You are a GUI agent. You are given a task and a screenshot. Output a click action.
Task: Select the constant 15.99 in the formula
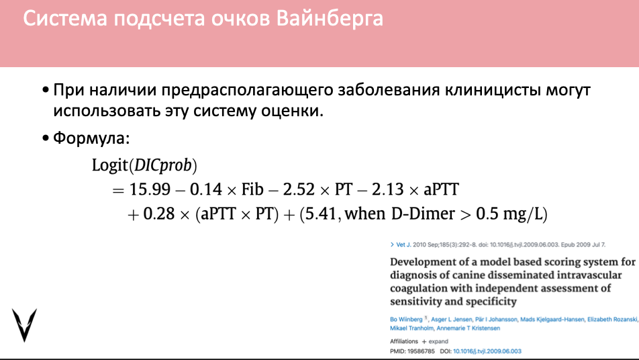pos(150,189)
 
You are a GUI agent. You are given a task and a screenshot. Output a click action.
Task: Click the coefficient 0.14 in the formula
pos(206,189)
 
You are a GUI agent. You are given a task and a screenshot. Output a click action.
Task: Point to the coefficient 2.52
pos(299,189)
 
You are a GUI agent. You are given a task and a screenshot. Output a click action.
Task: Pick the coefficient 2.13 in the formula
pos(388,189)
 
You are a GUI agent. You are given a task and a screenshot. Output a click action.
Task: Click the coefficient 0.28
pos(159,214)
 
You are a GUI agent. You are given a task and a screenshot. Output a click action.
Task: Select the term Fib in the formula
pos(252,189)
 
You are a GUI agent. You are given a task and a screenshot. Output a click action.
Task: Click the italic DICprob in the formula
pos(162,165)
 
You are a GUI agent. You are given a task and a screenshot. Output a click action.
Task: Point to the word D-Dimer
pos(423,214)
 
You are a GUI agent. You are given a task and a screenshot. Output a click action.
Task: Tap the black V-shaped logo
pos(24,325)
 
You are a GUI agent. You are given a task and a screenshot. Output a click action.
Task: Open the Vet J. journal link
pos(403,244)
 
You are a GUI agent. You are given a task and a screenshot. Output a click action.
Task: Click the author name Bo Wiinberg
pos(406,319)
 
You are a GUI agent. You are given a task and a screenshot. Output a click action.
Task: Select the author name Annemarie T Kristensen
pos(469,328)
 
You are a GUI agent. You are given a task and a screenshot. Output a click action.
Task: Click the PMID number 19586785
pos(421,351)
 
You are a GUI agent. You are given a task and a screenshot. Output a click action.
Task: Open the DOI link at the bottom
pos(487,351)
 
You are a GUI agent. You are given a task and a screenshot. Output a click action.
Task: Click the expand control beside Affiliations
pos(435,342)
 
